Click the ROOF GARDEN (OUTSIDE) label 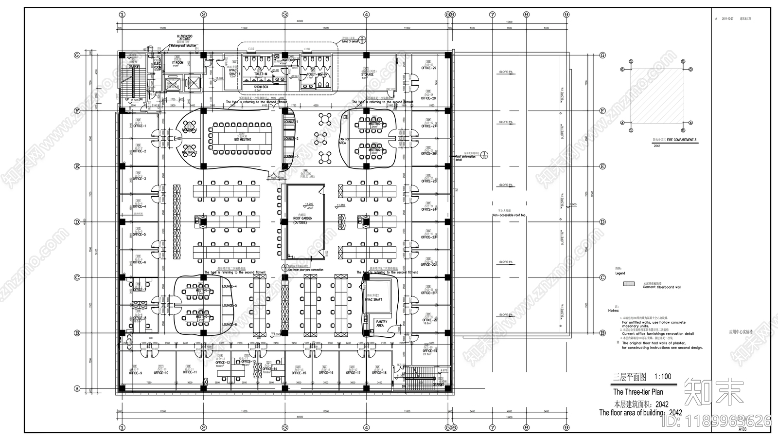point(302,220)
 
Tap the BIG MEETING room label point(242,139)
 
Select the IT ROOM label point(177,63)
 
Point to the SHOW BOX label point(261,87)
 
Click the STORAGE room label point(367,74)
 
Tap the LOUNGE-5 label point(229,306)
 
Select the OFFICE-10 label point(161,373)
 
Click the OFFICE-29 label point(428,68)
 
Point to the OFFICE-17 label point(353,373)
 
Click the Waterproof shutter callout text point(183,46)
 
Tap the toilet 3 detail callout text point(350,42)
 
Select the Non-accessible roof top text point(509,215)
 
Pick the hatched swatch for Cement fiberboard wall point(629,283)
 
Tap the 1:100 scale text point(663,377)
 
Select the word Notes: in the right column point(613,311)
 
